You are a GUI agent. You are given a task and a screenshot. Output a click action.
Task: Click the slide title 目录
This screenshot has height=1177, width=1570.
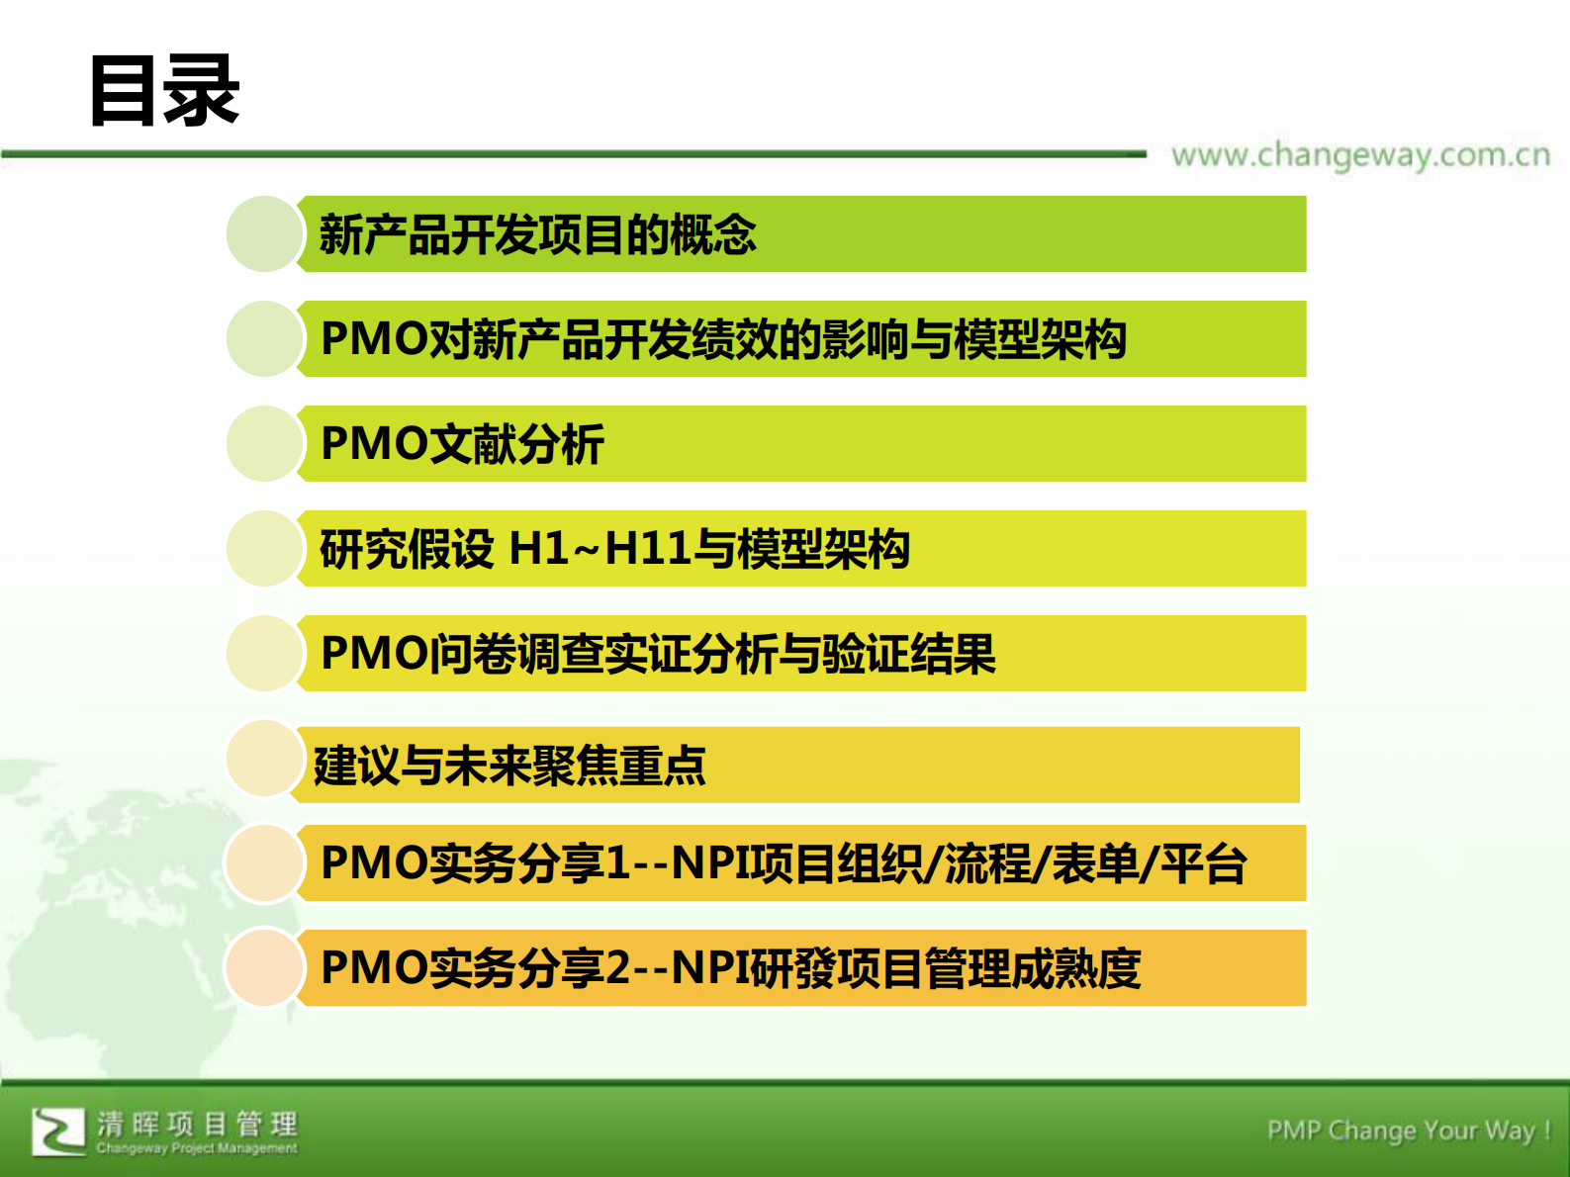(x=164, y=91)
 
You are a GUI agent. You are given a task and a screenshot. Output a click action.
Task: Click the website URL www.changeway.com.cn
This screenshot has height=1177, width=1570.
(x=1360, y=155)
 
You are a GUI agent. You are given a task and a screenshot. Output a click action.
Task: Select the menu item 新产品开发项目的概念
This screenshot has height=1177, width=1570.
(x=537, y=235)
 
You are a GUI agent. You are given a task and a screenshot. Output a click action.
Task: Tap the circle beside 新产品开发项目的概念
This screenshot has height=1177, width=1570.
(x=263, y=234)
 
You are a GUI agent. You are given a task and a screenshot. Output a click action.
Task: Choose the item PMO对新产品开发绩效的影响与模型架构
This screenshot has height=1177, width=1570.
(x=723, y=339)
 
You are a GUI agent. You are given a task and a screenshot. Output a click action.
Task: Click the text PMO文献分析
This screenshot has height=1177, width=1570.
(x=462, y=444)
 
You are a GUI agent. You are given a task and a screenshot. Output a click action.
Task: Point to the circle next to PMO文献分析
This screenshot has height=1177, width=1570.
(x=263, y=444)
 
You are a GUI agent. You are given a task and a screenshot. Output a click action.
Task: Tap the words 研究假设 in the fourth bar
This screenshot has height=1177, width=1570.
(x=406, y=549)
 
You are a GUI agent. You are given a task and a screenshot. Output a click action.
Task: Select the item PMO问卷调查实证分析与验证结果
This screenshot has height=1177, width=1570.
(x=658, y=654)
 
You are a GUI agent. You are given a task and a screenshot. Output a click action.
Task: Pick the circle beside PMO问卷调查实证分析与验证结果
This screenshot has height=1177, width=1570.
(x=263, y=654)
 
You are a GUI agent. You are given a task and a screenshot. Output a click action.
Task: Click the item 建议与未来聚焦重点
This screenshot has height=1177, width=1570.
(x=509, y=766)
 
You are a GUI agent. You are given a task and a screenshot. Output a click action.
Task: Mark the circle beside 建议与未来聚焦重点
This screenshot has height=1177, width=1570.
(x=263, y=759)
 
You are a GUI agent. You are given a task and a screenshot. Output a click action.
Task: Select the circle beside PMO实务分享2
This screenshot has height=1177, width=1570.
(x=263, y=967)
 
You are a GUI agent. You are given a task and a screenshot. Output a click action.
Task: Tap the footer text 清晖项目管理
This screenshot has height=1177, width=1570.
(x=197, y=1125)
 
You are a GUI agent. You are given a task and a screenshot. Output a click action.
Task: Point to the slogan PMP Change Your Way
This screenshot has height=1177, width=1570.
(x=1408, y=1131)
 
